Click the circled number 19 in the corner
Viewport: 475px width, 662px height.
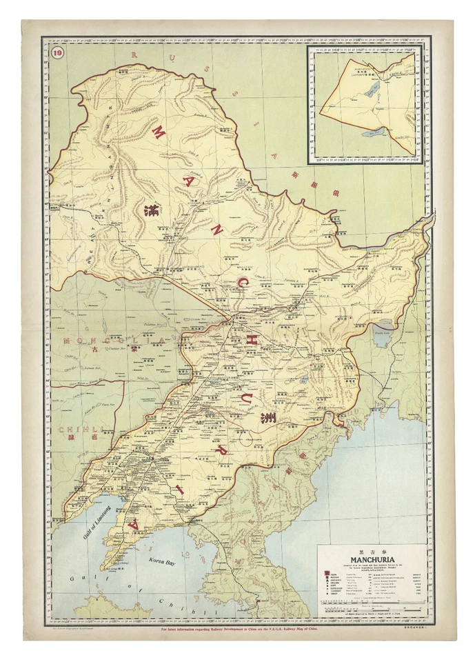pos(57,57)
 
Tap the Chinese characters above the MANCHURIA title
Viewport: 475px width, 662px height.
pos(372,552)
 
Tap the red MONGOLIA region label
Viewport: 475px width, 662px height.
pos(103,341)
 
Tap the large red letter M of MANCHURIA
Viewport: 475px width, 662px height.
pos(156,132)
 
